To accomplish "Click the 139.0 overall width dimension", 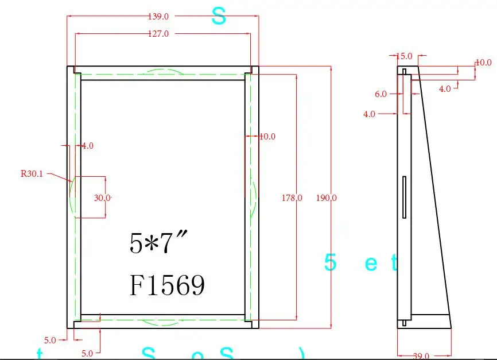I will click(x=158, y=17).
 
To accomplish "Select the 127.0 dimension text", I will click(x=158, y=34).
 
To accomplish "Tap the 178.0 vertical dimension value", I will click(x=292, y=198).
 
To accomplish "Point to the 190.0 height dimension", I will click(x=327, y=198).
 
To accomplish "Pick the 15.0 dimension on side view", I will click(x=404, y=56).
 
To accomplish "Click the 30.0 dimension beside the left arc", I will click(x=103, y=198).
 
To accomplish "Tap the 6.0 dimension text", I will click(x=380, y=94).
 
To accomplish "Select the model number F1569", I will click(x=167, y=285).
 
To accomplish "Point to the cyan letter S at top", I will click(x=219, y=16).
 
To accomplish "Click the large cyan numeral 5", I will click(x=330, y=263).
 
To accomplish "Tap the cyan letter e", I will click(x=371, y=264).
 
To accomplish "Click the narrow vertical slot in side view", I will click(x=405, y=197).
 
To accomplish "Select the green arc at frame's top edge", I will click(x=163, y=71).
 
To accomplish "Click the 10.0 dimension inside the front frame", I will click(x=267, y=137).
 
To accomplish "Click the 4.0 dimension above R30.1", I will click(x=87, y=146).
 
